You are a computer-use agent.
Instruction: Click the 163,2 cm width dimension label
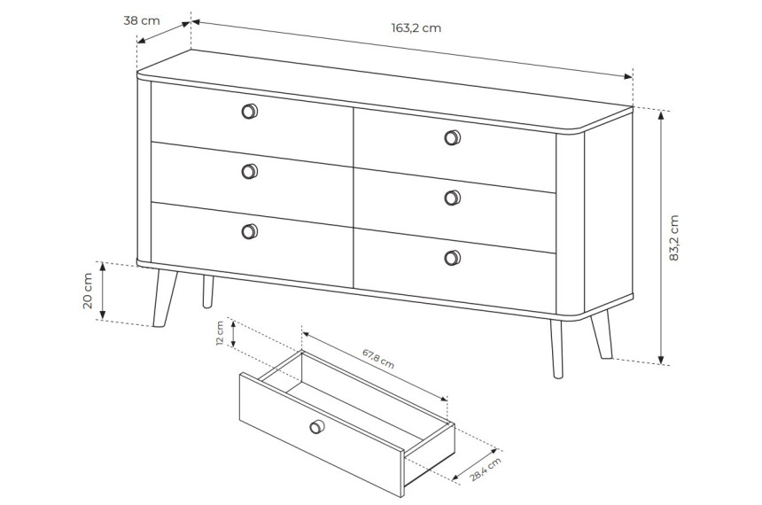(x=416, y=28)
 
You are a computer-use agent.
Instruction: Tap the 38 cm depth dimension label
(x=142, y=21)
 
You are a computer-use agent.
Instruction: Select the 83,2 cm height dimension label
(x=674, y=237)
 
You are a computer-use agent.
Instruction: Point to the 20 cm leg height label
(x=88, y=291)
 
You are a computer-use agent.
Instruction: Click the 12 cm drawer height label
(x=220, y=333)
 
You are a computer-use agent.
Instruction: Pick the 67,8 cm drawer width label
(x=378, y=358)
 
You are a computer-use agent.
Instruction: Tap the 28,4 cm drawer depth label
(x=485, y=470)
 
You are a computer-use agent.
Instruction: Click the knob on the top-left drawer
(x=250, y=112)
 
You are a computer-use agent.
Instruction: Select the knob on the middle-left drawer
(x=250, y=172)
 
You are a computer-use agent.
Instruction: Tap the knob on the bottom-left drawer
(x=250, y=231)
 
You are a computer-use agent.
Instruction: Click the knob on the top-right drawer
(x=453, y=137)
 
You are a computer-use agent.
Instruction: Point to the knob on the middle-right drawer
(x=453, y=198)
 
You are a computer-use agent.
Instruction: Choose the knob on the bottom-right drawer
(x=453, y=258)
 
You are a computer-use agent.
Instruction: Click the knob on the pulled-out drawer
(x=317, y=427)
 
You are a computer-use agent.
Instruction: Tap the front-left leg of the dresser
(x=165, y=298)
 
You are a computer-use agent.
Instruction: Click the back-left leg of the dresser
(x=208, y=291)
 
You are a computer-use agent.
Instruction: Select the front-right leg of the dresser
(x=557, y=348)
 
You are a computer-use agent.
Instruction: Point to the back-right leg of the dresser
(x=602, y=337)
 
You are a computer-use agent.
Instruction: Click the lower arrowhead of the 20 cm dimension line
(x=103, y=315)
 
